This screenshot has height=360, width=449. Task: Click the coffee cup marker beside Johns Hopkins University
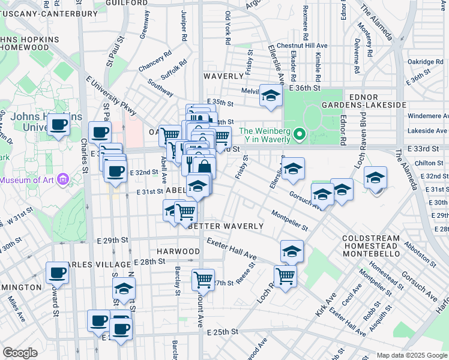pos(58,125)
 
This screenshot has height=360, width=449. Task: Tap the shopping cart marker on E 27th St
pos(203,279)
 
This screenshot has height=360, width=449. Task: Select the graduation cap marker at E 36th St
pos(271,96)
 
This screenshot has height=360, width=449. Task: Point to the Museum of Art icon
pos(65,179)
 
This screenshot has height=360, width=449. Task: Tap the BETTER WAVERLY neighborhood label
pos(226,226)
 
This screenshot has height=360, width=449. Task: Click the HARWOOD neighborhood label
pos(178,251)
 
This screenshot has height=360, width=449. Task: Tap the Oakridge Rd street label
pos(425,61)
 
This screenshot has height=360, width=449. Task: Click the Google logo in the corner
pos(20,353)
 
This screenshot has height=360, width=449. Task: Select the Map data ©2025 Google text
pos(411,355)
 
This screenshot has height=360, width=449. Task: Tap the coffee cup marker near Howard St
pos(57,273)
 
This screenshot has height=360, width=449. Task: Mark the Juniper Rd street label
pos(184,26)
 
